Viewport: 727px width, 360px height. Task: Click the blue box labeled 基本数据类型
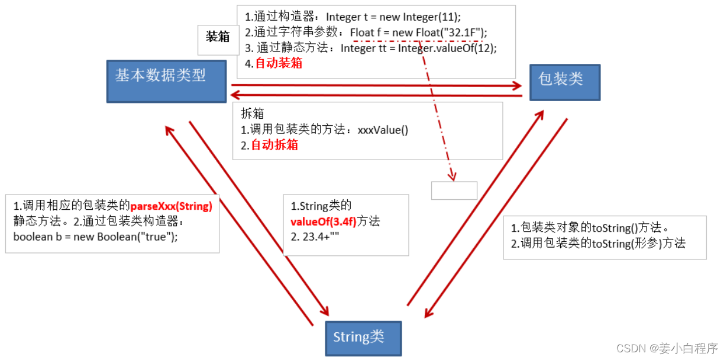[166, 81]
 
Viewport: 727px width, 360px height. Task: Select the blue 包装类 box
[564, 82]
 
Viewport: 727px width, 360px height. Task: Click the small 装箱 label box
[218, 37]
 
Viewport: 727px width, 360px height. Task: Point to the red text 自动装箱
[279, 63]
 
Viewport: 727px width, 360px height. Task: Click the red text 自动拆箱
[274, 145]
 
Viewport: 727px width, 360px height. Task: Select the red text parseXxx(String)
[172, 207]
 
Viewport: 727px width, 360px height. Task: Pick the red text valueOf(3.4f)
[323, 222]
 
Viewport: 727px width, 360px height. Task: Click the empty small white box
[454, 190]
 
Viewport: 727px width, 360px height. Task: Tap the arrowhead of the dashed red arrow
[453, 175]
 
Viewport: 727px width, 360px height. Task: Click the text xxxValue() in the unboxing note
[383, 129]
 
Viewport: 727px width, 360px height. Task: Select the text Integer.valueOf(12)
[447, 48]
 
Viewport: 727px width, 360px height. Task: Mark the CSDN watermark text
[666, 348]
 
